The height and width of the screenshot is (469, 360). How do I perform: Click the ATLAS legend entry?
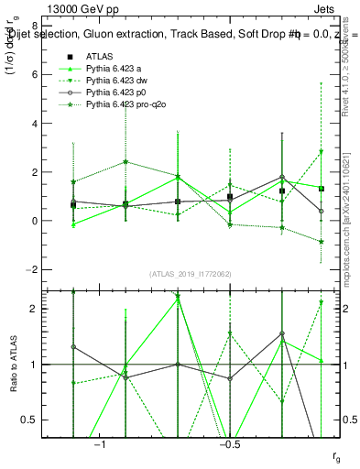[x=99, y=55]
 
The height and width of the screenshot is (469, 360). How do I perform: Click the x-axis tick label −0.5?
[x=229, y=443]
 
